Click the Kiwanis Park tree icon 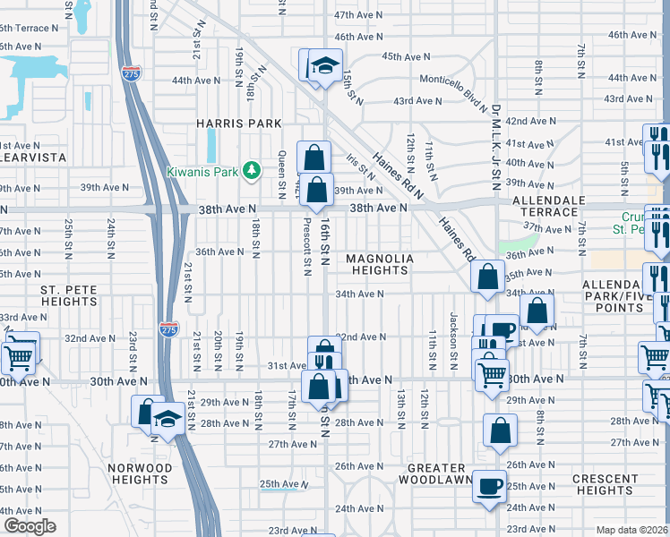tap(253, 170)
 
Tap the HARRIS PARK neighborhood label tap(240, 124)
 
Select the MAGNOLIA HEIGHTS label tap(380, 265)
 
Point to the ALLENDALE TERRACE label tap(549, 206)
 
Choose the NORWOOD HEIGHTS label tap(139, 473)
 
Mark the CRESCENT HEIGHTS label tap(605, 484)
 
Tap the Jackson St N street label tap(454, 352)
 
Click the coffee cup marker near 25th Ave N tap(488, 486)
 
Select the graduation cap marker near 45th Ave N tap(324, 66)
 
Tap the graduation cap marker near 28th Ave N tap(167, 419)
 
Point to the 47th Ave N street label tap(357, 16)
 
